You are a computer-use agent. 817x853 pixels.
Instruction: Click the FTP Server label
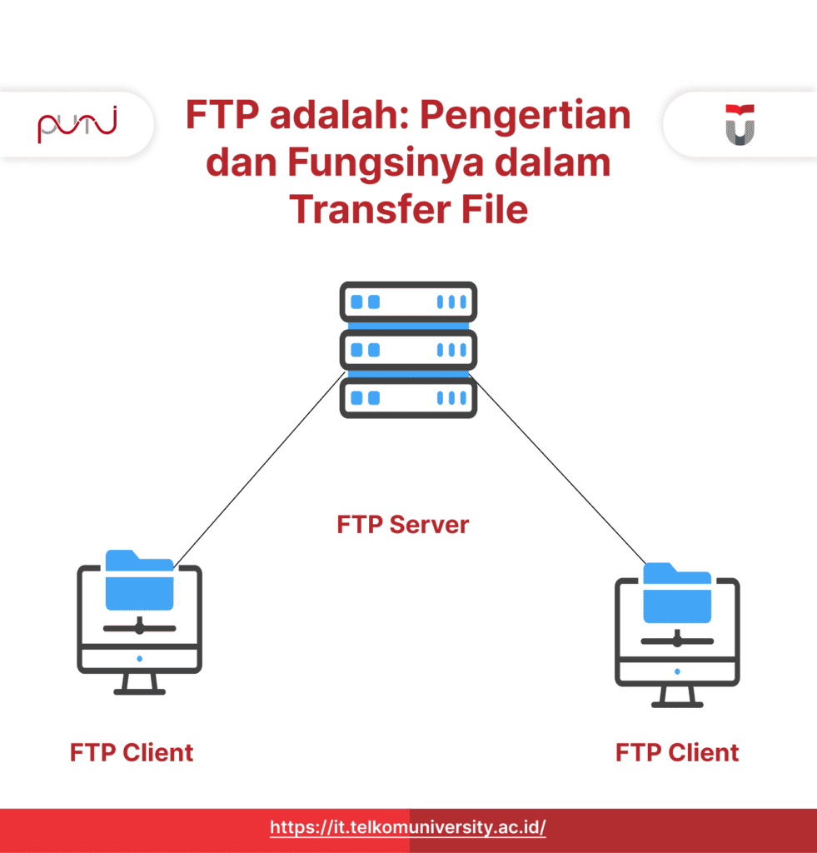tap(402, 525)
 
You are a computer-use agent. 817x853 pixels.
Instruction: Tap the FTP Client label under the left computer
tap(132, 753)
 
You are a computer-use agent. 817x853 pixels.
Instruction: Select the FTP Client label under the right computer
tap(677, 753)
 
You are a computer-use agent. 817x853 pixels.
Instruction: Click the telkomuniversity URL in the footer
tap(408, 827)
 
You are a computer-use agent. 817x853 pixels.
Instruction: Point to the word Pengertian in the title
tap(525, 115)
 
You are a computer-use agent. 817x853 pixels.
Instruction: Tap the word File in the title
tap(495, 209)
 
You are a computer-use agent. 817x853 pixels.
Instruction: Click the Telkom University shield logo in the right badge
tap(740, 125)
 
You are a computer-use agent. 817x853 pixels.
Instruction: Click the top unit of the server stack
tap(408, 302)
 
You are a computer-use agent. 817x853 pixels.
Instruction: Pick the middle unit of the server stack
tap(408, 350)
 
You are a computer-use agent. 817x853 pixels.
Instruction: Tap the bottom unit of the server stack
tap(408, 397)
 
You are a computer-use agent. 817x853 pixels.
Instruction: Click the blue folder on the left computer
tap(139, 580)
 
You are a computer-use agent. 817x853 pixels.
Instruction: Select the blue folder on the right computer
tap(677, 593)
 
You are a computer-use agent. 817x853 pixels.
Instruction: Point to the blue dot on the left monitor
tap(140, 659)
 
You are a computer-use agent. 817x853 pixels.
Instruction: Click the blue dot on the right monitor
tap(677, 672)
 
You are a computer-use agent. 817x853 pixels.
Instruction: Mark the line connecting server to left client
tap(260, 470)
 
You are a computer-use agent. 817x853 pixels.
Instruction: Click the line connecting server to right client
tap(557, 469)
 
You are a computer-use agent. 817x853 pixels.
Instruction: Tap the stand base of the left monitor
tap(139, 692)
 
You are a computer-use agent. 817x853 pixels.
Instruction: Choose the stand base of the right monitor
tap(677, 705)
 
